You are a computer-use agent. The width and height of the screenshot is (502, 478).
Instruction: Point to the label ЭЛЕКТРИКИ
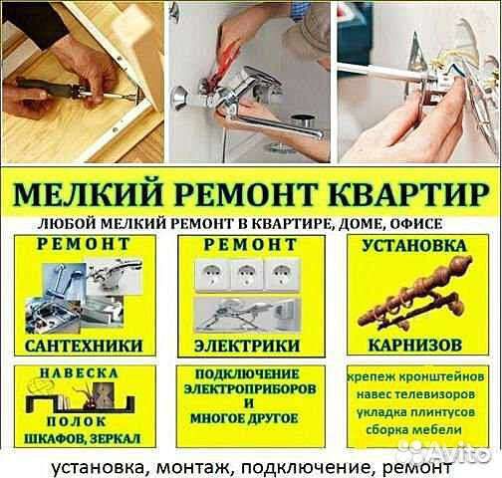(251, 344)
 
